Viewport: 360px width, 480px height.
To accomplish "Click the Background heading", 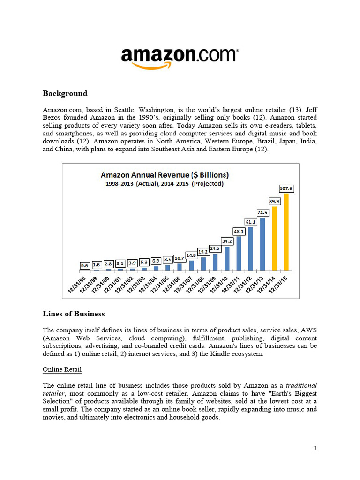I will point(65,93).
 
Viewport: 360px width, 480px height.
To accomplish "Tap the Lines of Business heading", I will point(74,314).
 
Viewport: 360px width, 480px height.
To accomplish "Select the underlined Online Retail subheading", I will point(62,369).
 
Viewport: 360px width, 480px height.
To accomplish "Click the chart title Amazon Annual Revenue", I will point(165,175).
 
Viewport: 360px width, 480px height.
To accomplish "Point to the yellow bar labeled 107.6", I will point(286,232).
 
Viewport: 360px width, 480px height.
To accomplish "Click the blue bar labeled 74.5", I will point(262,244).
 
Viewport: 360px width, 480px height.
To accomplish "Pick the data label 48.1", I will point(239,231).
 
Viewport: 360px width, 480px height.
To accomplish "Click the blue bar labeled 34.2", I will point(227,258).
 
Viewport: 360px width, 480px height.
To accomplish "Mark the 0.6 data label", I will point(85,265).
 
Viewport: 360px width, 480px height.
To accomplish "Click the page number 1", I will point(315,448).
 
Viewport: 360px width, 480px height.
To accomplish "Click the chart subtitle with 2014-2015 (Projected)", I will point(164,184).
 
